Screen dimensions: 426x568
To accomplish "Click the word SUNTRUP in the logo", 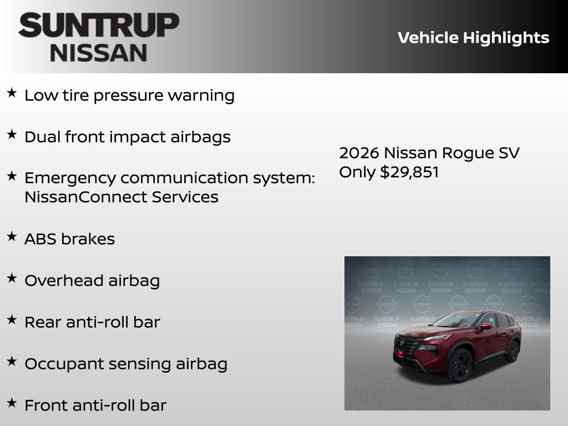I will [x=99, y=26].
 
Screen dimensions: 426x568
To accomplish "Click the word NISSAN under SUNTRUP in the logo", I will [x=99, y=53].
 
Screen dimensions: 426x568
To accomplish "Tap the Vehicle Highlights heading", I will [x=473, y=38].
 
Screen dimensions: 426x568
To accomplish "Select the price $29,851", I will [x=409, y=172].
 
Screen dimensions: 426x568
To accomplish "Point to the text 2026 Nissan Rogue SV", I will [x=429, y=153].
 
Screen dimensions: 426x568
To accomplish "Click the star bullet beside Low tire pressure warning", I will [x=12, y=93].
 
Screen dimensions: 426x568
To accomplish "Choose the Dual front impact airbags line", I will [x=127, y=137].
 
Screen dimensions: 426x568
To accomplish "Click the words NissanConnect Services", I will [x=121, y=197].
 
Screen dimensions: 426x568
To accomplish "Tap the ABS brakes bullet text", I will [x=69, y=239].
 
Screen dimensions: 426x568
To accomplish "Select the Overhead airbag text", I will [x=92, y=281].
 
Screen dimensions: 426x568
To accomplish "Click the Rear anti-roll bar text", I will [x=92, y=322].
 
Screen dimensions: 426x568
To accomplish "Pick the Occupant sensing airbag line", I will [x=125, y=364].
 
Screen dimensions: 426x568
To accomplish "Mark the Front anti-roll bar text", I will [x=95, y=405].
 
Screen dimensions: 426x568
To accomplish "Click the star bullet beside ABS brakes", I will [x=12, y=237].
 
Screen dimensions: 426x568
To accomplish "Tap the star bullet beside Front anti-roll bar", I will [x=12, y=403].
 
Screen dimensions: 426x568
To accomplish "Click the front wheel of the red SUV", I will [x=460, y=366].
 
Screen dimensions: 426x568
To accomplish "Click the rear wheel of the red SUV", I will [x=513, y=351].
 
